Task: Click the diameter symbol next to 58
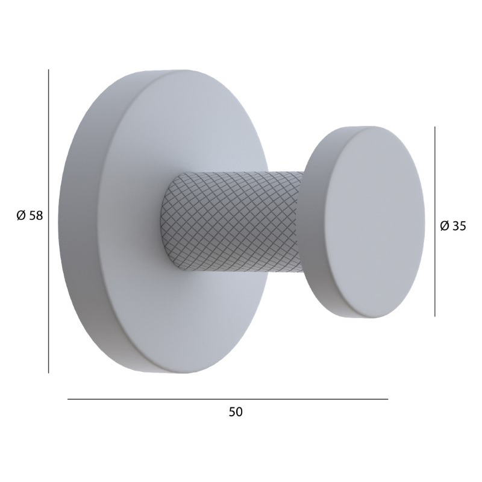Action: click(21, 216)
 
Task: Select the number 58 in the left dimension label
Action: click(36, 216)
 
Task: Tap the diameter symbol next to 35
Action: click(445, 226)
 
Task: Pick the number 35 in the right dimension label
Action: click(460, 226)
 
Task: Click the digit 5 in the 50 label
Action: click(233, 412)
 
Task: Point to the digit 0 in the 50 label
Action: click(239, 412)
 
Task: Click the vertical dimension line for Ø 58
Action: click(49, 221)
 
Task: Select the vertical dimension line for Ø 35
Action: click(434, 221)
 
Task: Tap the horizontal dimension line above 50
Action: click(228, 399)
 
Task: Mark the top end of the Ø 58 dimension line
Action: click(49, 70)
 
